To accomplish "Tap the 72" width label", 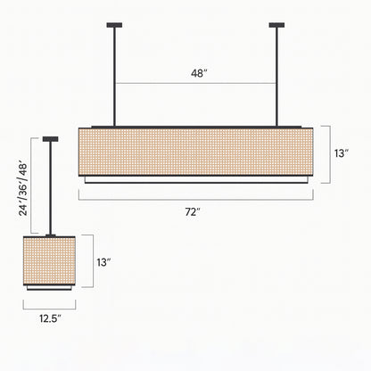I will coord(193,211).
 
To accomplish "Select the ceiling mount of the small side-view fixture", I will coord(50,138).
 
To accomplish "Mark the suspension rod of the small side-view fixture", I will coord(50,187).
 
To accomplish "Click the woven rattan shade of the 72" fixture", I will coord(194,152).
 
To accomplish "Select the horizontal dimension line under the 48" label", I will coord(195,84).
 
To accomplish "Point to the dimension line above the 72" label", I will coord(194,199).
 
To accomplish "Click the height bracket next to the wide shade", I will coord(331,154).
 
